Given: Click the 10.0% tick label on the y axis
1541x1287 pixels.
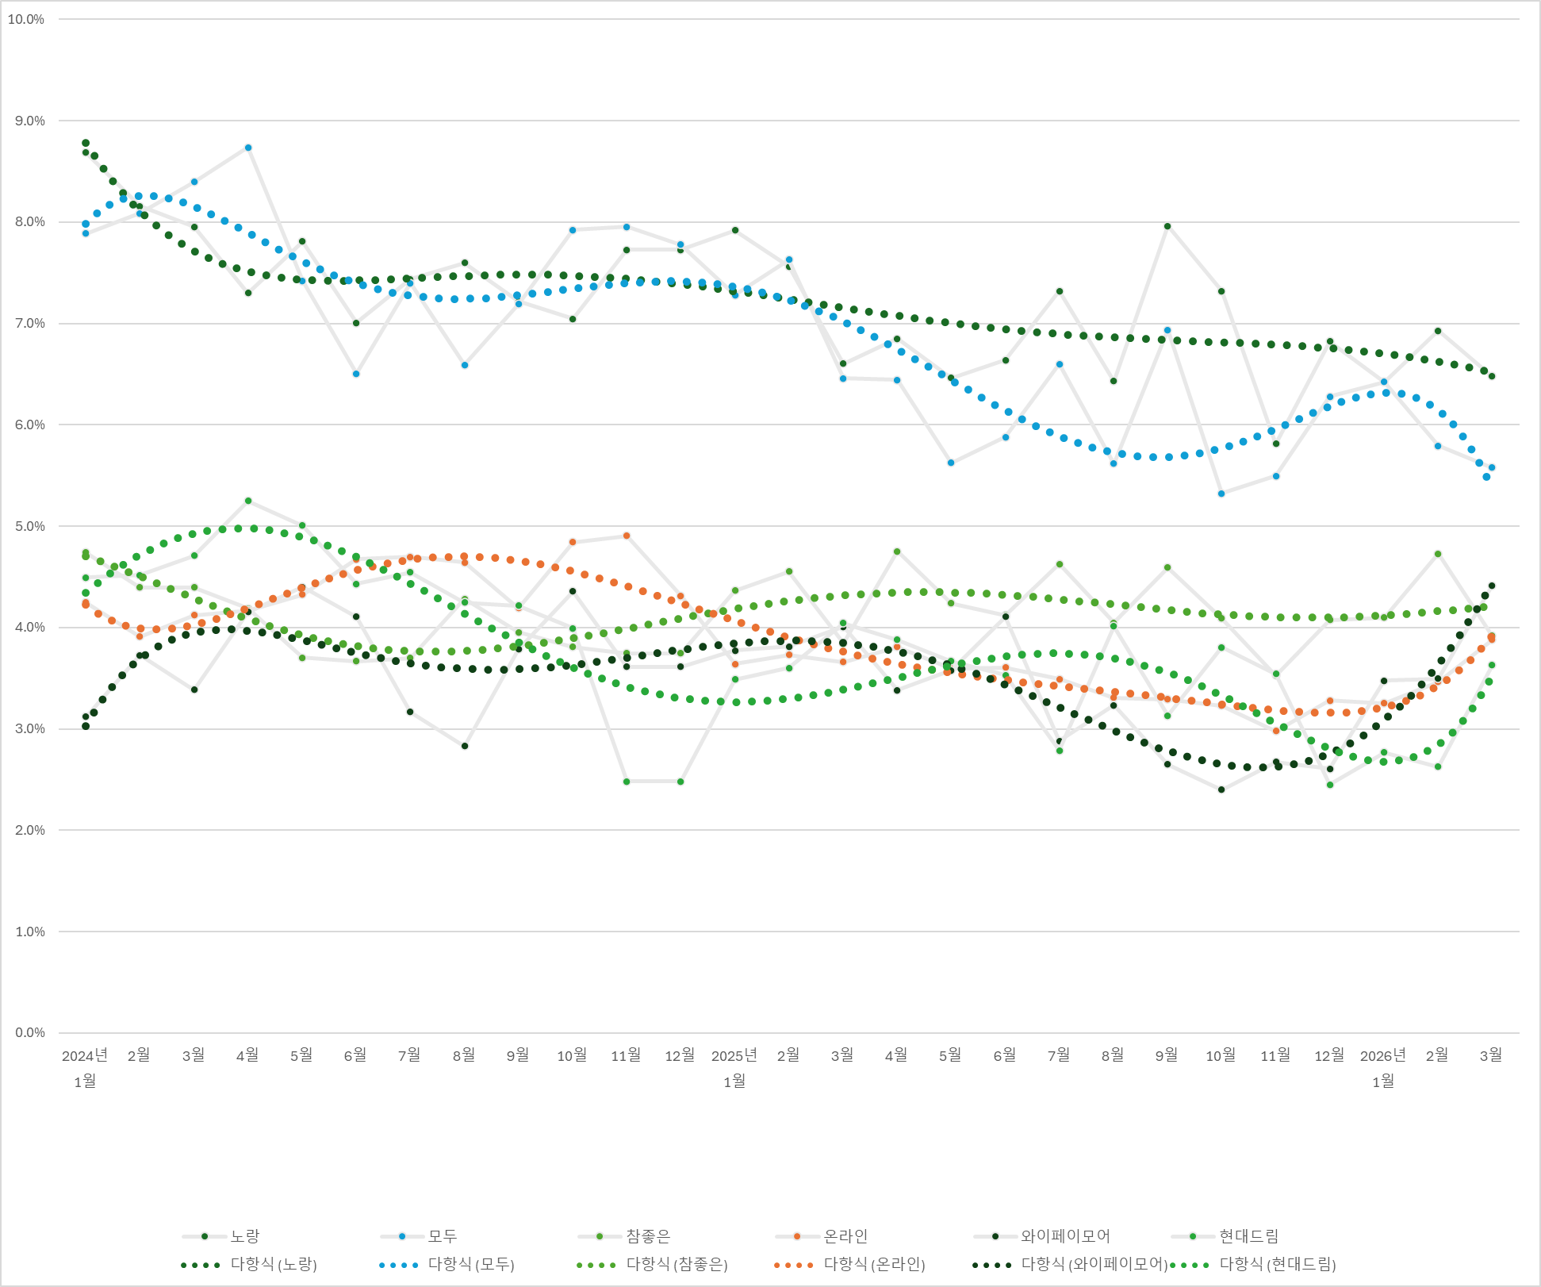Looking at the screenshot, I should coord(26,20).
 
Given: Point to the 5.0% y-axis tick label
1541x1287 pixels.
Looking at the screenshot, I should coord(29,526).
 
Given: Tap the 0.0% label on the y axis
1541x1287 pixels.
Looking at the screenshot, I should coord(29,1032).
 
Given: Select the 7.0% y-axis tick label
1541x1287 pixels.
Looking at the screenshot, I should coord(29,324).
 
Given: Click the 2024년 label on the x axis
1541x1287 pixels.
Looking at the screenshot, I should coord(85,1055).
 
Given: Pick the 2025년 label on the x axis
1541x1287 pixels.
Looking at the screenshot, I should coord(734,1055).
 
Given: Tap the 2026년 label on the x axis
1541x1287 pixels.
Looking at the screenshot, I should coord(1382,1055).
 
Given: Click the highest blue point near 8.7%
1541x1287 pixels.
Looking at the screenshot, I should coord(248,148).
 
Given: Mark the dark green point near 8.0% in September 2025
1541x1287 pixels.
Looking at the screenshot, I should coord(1167,226).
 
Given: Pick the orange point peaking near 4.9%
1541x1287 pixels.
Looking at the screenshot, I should coord(627,536).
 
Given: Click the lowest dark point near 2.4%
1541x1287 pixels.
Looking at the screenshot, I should coord(1221,789).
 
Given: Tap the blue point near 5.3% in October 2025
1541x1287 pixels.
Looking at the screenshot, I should coord(1221,494).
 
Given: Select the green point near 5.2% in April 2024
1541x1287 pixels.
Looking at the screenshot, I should coord(248,501).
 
